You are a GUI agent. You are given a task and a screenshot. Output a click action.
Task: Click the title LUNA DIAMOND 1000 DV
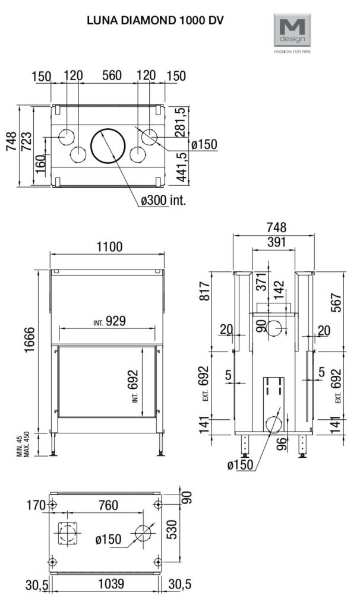click(155, 21)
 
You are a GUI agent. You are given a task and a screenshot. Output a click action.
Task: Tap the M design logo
click(292, 33)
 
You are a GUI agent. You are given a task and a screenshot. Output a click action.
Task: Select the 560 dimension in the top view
click(112, 75)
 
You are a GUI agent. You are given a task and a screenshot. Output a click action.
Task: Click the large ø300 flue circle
click(108, 146)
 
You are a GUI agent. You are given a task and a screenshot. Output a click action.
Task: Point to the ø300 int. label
click(163, 200)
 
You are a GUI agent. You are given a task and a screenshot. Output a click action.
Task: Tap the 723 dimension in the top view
click(27, 142)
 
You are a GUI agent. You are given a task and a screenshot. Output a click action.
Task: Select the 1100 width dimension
click(108, 246)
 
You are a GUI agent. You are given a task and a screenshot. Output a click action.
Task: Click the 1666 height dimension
click(30, 340)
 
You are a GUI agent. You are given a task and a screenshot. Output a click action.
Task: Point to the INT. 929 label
click(109, 321)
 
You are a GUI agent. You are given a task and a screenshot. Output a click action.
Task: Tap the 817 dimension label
click(204, 291)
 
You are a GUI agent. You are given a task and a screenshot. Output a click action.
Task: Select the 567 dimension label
click(336, 302)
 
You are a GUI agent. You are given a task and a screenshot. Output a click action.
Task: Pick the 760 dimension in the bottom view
click(108, 505)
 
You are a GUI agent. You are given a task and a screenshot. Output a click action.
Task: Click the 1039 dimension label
click(110, 584)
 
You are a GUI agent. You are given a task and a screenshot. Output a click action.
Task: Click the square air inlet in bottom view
click(68, 533)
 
